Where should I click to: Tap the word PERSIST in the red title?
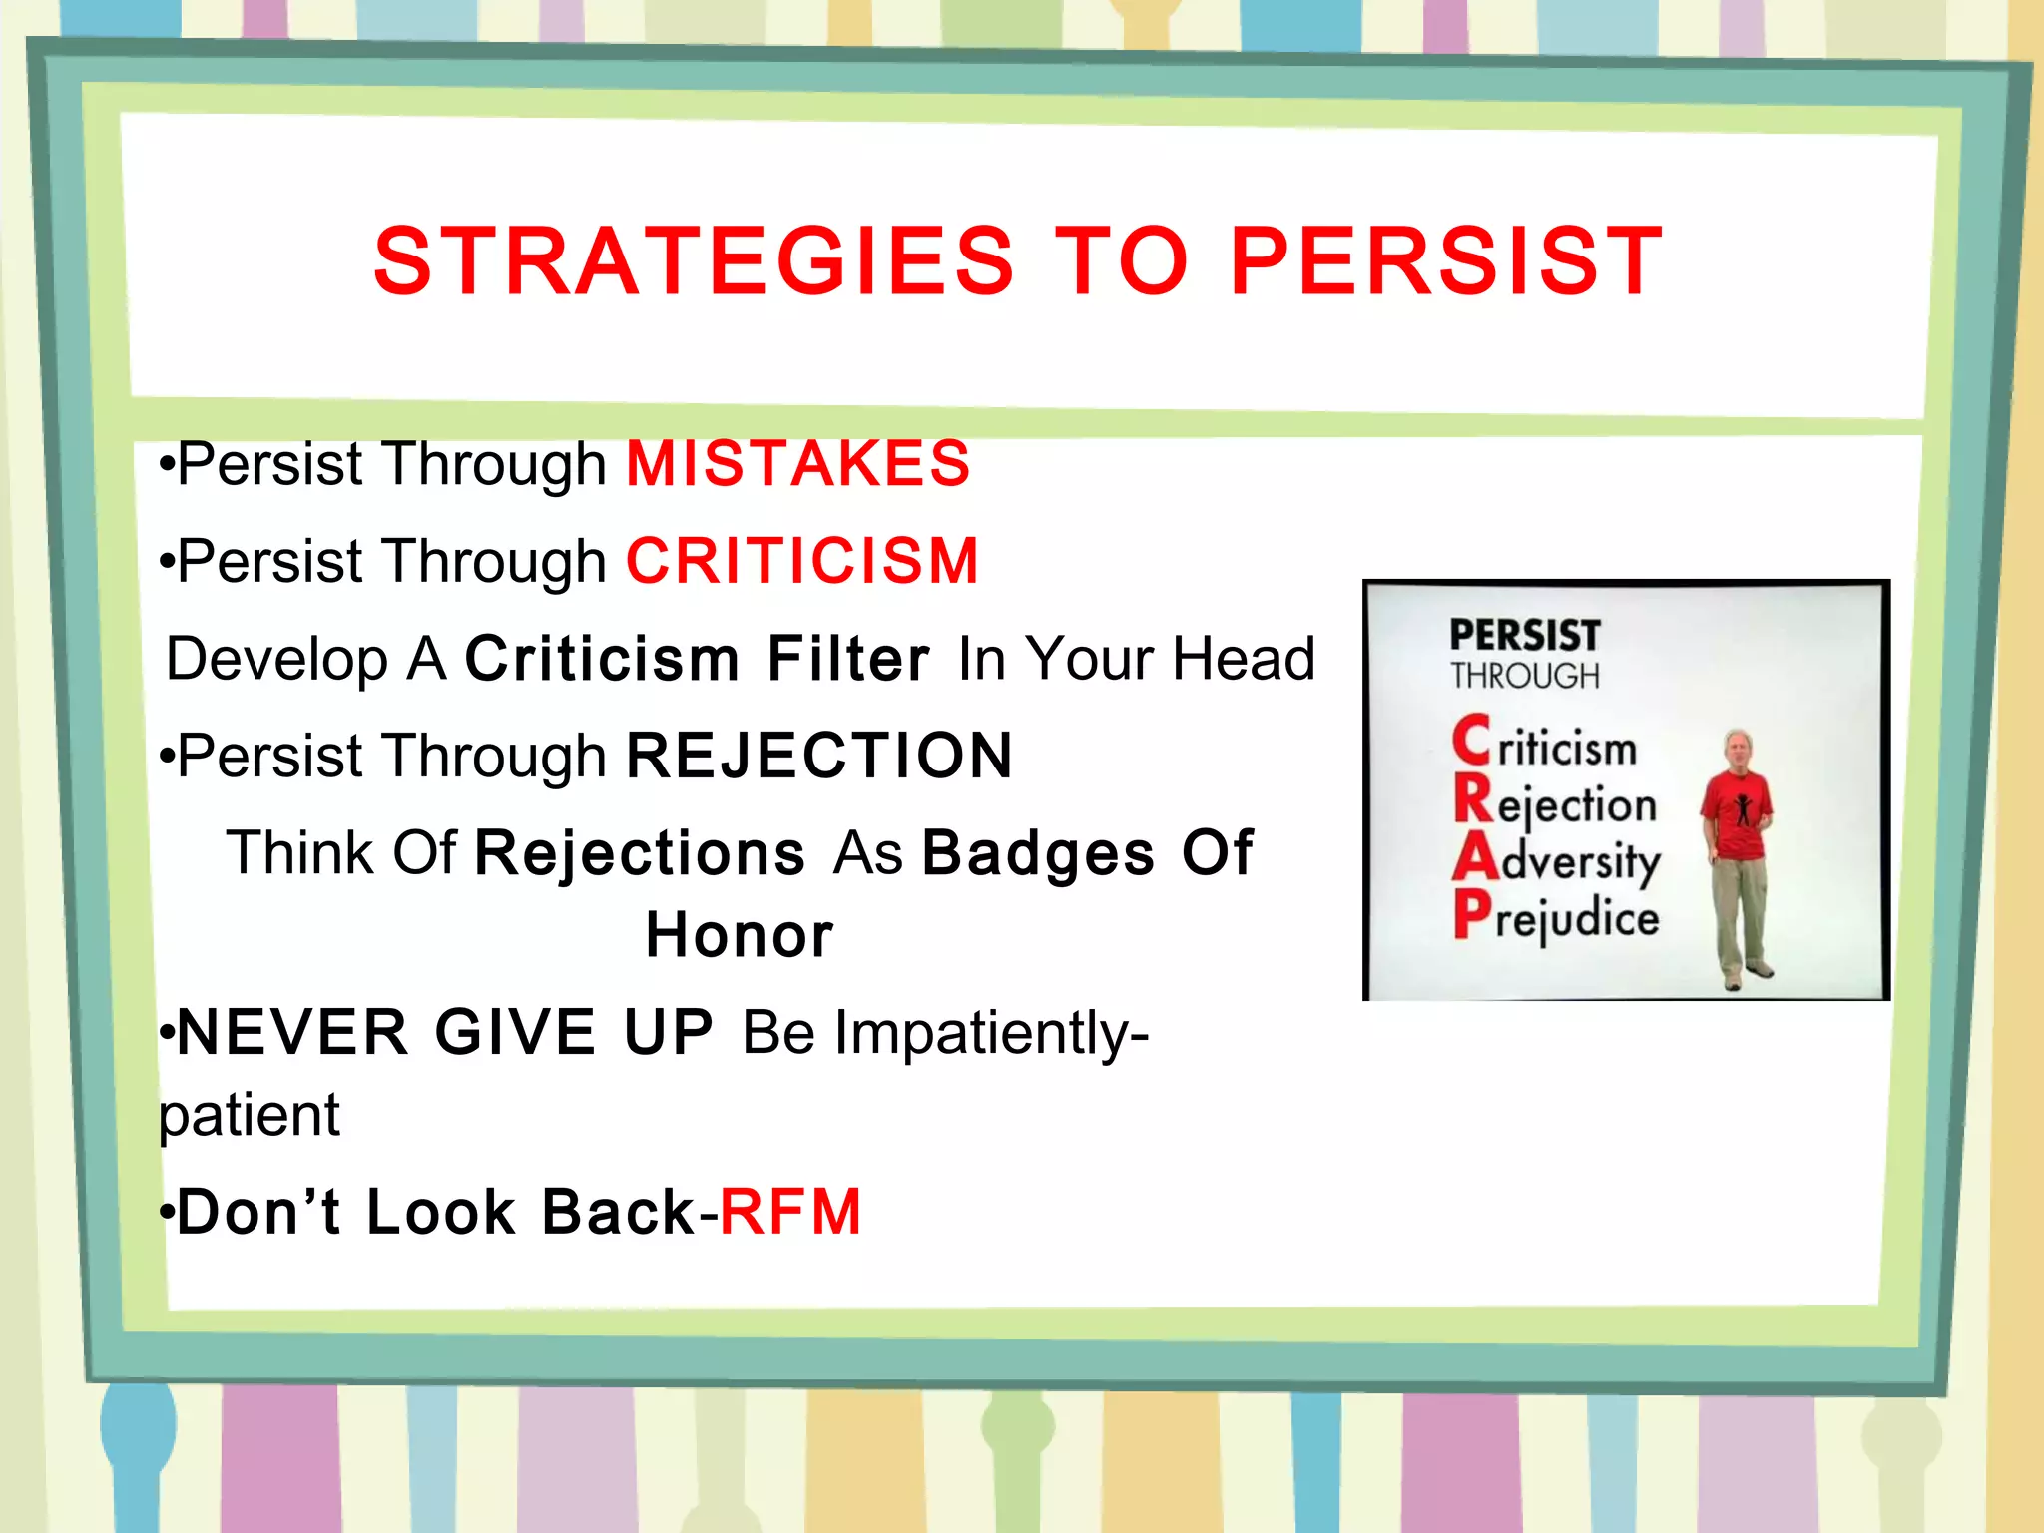1446,261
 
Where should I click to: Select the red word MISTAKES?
797,464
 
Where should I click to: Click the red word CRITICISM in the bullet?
801,561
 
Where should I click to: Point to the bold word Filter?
847,659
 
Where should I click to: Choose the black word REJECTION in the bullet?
818,756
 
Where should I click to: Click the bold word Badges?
1038,853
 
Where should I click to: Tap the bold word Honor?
739,935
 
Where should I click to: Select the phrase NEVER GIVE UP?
445,1032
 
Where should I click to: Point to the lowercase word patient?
250,1115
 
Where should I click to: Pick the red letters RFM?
789,1212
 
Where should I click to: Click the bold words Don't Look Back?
435,1212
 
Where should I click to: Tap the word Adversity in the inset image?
1557,860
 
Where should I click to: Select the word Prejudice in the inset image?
1557,917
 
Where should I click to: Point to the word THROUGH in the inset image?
1524,677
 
